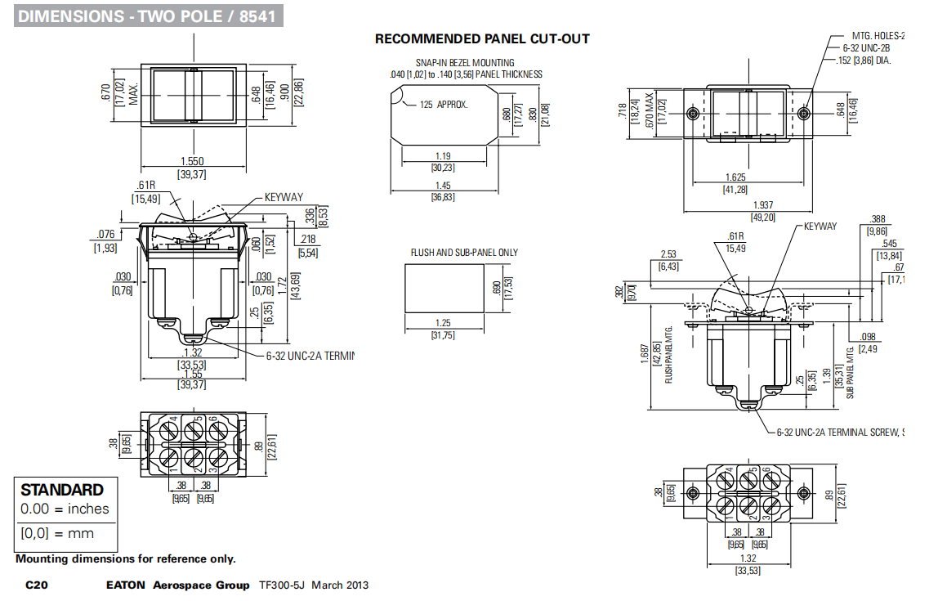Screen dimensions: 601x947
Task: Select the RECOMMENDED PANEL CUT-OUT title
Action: (x=482, y=38)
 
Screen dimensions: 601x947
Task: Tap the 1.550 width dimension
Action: (x=191, y=162)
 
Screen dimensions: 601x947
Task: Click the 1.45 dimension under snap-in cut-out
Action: (x=443, y=186)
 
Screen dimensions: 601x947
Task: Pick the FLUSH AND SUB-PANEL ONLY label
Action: (x=464, y=253)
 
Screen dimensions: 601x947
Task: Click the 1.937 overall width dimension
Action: (x=762, y=205)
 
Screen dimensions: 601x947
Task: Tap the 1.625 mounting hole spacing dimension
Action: (x=736, y=177)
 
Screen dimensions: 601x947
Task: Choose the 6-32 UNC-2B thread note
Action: (x=872, y=48)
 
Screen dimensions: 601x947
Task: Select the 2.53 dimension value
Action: (x=669, y=254)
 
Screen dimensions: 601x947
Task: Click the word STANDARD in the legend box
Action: (x=62, y=490)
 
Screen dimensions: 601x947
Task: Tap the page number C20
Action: (x=37, y=585)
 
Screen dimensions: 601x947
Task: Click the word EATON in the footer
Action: (x=126, y=585)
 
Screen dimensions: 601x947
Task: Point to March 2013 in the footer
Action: (x=340, y=585)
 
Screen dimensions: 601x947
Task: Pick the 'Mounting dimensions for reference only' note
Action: (x=125, y=559)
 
